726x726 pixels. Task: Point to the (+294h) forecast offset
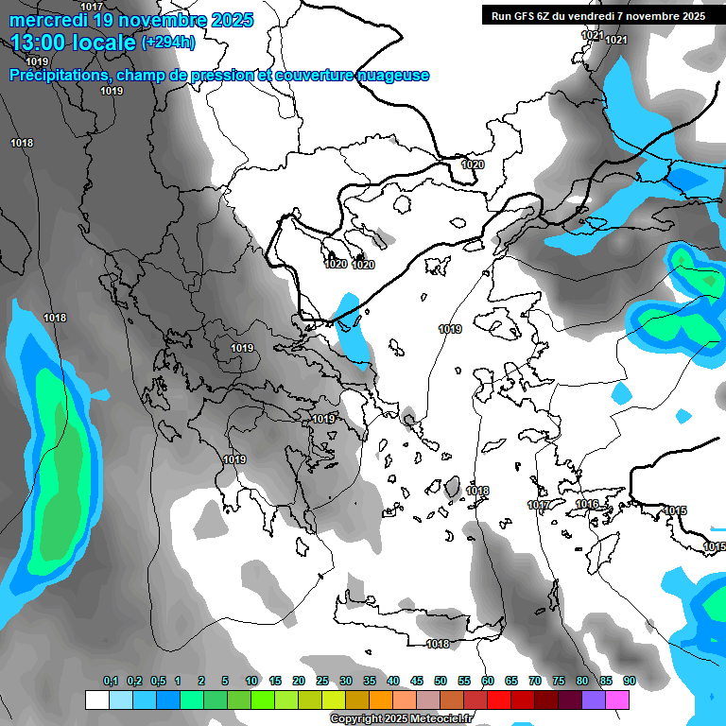(168, 43)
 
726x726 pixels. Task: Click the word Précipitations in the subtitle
(57, 76)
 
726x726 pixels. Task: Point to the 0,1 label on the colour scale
(111, 682)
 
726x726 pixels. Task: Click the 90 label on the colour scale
(629, 682)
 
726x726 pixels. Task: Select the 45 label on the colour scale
(417, 682)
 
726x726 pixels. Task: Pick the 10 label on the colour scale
(251, 682)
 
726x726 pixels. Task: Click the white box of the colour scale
(96, 700)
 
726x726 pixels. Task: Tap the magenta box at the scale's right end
(617, 700)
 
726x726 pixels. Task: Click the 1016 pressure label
(587, 505)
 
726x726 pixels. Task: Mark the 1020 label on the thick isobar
(473, 164)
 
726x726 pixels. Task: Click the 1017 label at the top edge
(92, 7)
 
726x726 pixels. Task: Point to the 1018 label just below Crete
(438, 645)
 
